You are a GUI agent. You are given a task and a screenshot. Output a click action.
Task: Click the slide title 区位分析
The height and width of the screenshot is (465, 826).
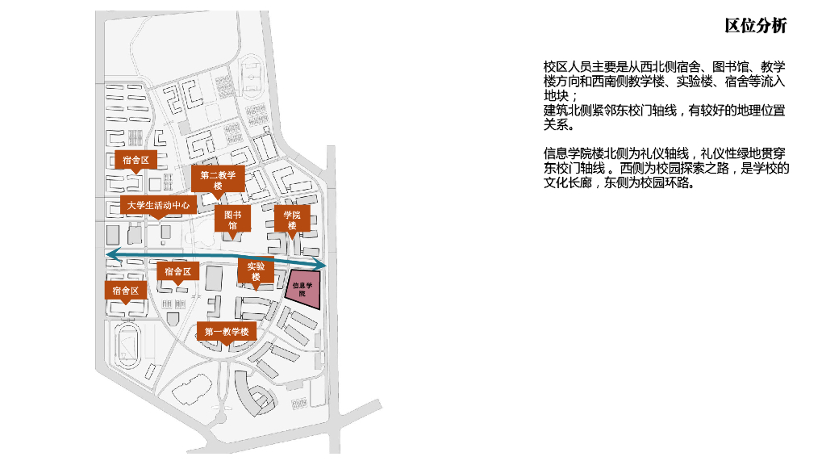tap(755, 26)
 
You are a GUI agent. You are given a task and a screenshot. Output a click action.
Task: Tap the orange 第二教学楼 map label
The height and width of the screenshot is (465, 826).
tap(218, 179)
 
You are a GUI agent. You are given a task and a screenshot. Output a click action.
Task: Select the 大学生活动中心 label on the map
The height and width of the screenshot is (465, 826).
tap(158, 205)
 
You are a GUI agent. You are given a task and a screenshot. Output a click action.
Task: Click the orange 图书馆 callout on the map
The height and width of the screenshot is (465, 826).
tap(232, 219)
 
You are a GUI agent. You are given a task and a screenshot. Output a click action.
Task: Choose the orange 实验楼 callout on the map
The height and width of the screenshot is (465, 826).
tap(256, 271)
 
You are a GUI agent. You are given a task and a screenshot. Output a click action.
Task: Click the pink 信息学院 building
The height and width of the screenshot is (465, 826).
tap(303, 291)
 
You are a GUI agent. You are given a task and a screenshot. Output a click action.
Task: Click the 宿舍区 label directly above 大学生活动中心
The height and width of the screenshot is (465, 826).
tap(136, 161)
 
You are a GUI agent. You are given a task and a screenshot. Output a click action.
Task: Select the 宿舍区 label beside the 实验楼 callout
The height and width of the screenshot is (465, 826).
tap(177, 271)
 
